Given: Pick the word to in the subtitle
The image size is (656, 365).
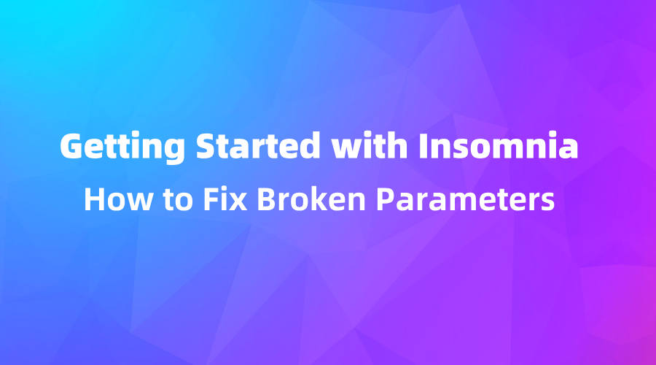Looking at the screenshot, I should (x=163, y=199).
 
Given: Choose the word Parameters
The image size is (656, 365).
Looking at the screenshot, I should (x=456, y=199).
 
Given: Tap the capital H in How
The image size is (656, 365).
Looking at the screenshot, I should (x=93, y=199).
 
